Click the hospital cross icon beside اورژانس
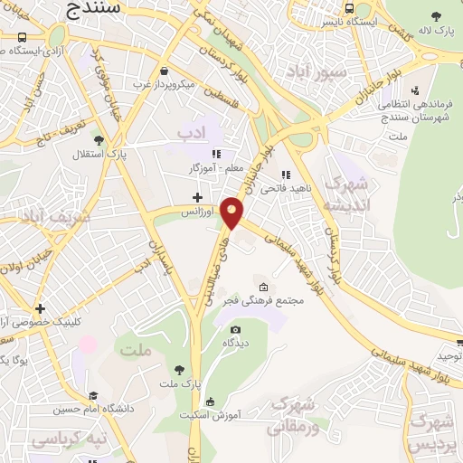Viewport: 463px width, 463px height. click(197, 196)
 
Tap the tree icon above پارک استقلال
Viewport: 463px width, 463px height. click(99, 140)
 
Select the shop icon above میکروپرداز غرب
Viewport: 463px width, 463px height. click(163, 71)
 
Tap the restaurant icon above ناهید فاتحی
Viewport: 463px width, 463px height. click(286, 175)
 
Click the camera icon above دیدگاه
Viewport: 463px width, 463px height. click(236, 329)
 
